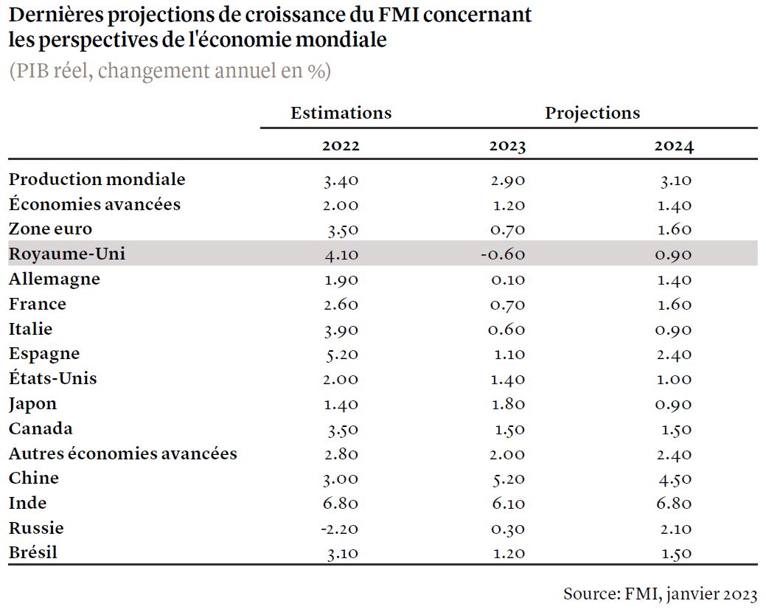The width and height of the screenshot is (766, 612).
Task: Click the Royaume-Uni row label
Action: (67, 254)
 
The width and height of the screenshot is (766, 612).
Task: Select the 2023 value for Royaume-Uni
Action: (503, 254)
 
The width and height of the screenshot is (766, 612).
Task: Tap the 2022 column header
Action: (341, 145)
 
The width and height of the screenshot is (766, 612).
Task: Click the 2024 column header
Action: (674, 145)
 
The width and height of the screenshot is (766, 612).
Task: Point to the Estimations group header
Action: (341, 113)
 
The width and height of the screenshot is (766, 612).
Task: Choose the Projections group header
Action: (593, 113)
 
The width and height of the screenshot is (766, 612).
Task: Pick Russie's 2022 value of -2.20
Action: (340, 529)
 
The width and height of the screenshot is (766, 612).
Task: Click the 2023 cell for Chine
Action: (508, 479)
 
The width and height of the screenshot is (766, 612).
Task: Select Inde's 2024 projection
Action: (674, 503)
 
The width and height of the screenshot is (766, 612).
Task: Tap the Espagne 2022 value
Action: (342, 354)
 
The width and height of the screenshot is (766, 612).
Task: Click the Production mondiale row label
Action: (97, 179)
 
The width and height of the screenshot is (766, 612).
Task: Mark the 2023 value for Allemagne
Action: (507, 280)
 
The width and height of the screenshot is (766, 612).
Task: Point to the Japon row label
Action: (32, 404)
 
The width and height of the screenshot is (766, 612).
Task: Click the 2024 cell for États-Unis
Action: (675, 379)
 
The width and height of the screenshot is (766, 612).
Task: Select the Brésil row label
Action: (32, 552)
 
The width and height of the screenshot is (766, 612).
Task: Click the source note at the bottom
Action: (661, 594)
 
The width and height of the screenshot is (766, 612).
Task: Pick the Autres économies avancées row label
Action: (122, 453)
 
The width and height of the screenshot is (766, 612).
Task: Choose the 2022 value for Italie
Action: (341, 330)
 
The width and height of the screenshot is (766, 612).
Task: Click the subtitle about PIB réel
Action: (170, 71)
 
